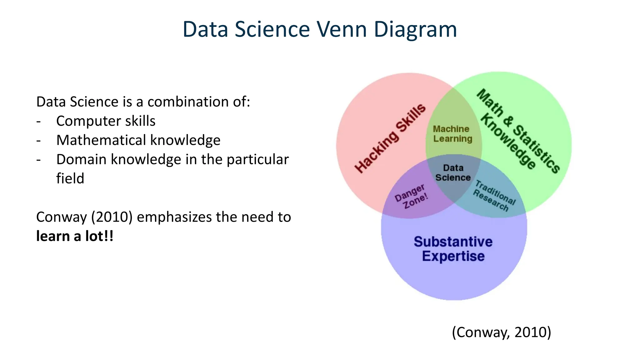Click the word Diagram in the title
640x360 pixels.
415,29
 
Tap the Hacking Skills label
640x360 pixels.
390,138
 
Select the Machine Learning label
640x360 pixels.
452,134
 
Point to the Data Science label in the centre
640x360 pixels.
453,173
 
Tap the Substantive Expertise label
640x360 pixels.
453,249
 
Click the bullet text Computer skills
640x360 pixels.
106,121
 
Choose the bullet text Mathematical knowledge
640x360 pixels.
138,140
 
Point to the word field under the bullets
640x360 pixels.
70,178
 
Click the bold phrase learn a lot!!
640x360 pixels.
75,236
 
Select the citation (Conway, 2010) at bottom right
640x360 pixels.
501,332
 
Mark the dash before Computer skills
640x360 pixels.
38,121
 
